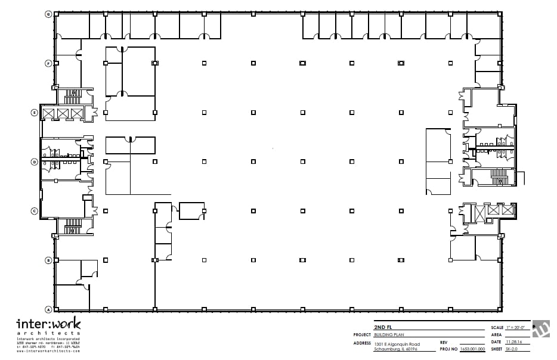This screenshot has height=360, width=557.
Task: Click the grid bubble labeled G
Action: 48,13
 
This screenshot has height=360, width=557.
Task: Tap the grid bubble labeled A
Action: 48,309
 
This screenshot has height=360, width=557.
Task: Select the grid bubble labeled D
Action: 35,162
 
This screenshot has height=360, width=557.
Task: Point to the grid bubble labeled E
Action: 35,112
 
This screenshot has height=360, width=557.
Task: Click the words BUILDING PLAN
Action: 389,335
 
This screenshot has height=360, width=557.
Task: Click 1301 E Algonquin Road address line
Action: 397,344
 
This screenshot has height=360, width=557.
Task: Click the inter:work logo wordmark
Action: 48,325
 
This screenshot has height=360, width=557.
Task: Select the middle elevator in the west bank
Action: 63,113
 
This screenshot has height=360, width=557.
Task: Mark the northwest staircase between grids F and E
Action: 73,97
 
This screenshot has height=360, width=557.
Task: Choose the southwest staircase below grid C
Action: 73,226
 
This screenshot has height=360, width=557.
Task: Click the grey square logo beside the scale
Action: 541,329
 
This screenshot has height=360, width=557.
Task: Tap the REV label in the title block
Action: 444,342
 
